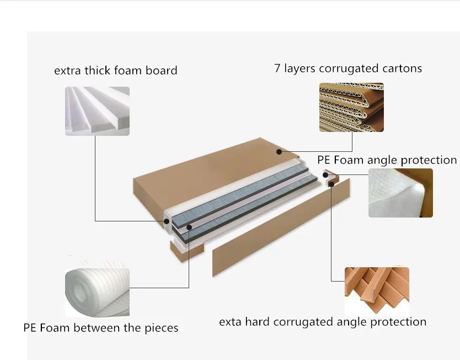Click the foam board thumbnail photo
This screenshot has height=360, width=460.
(97, 110)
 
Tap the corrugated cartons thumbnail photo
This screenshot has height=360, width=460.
(351, 107)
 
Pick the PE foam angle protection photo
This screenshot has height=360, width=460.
(400, 193)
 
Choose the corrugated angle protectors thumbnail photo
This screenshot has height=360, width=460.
(377, 290)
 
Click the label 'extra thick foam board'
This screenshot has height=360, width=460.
(115, 71)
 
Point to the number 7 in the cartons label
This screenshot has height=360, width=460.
(277, 68)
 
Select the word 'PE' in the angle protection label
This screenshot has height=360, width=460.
(324, 160)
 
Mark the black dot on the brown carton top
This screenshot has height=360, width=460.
(279, 151)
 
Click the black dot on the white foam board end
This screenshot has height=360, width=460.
(166, 221)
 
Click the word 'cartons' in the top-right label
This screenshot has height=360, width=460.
(402, 68)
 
